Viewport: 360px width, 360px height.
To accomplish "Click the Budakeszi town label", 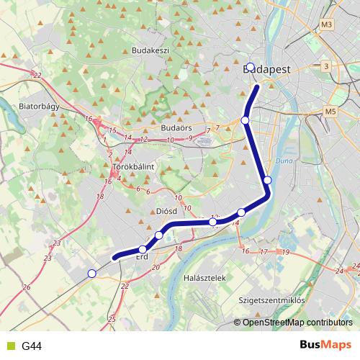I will [x=150, y=51].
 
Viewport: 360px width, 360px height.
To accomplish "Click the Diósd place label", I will [x=166, y=212].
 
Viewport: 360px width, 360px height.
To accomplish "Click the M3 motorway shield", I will [x=328, y=24].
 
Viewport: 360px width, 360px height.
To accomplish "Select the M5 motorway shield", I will [x=330, y=112].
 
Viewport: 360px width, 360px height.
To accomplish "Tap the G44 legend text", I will [x=32, y=346].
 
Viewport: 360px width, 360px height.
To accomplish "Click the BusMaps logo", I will [x=326, y=345].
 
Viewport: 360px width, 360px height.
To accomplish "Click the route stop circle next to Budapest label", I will [x=250, y=67].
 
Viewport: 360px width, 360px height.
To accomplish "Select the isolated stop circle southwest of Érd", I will [x=91, y=273].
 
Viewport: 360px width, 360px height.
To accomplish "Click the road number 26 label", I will [x=27, y=287].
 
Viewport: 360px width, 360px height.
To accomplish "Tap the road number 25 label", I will [x=111, y=318].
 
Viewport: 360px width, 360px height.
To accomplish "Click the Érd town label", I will [x=142, y=257].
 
